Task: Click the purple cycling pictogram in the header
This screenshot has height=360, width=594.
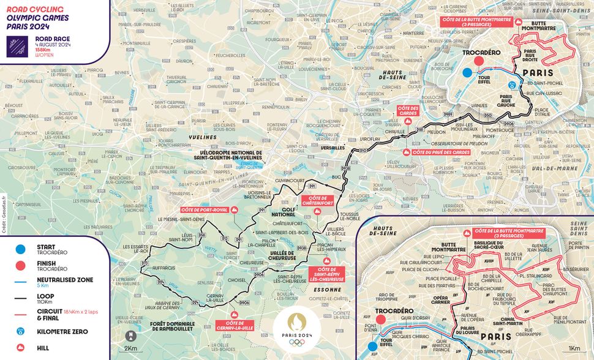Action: (17, 47)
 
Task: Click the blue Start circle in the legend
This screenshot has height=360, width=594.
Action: (21, 250)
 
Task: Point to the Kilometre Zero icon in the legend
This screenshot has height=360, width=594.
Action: (21, 331)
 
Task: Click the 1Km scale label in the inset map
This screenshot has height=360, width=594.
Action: (574, 348)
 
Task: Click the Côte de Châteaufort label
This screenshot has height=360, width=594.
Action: (317, 201)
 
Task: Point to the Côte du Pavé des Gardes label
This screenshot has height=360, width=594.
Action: (441, 152)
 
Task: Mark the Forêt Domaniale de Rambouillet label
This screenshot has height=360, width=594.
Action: (172, 328)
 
